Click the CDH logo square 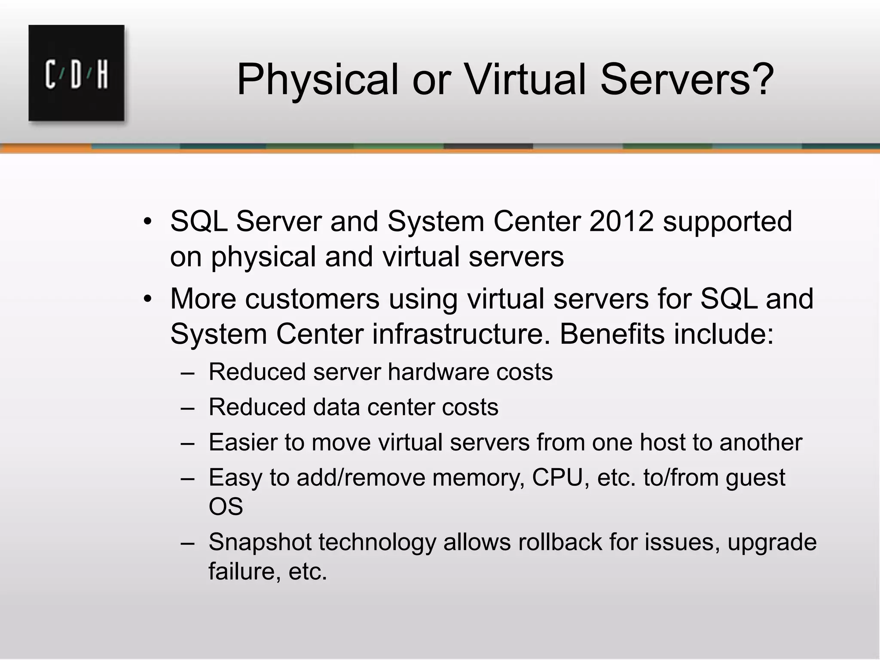click(76, 73)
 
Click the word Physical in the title click(318, 80)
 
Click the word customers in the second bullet click(312, 299)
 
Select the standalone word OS click(226, 507)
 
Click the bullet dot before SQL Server click(148, 222)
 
